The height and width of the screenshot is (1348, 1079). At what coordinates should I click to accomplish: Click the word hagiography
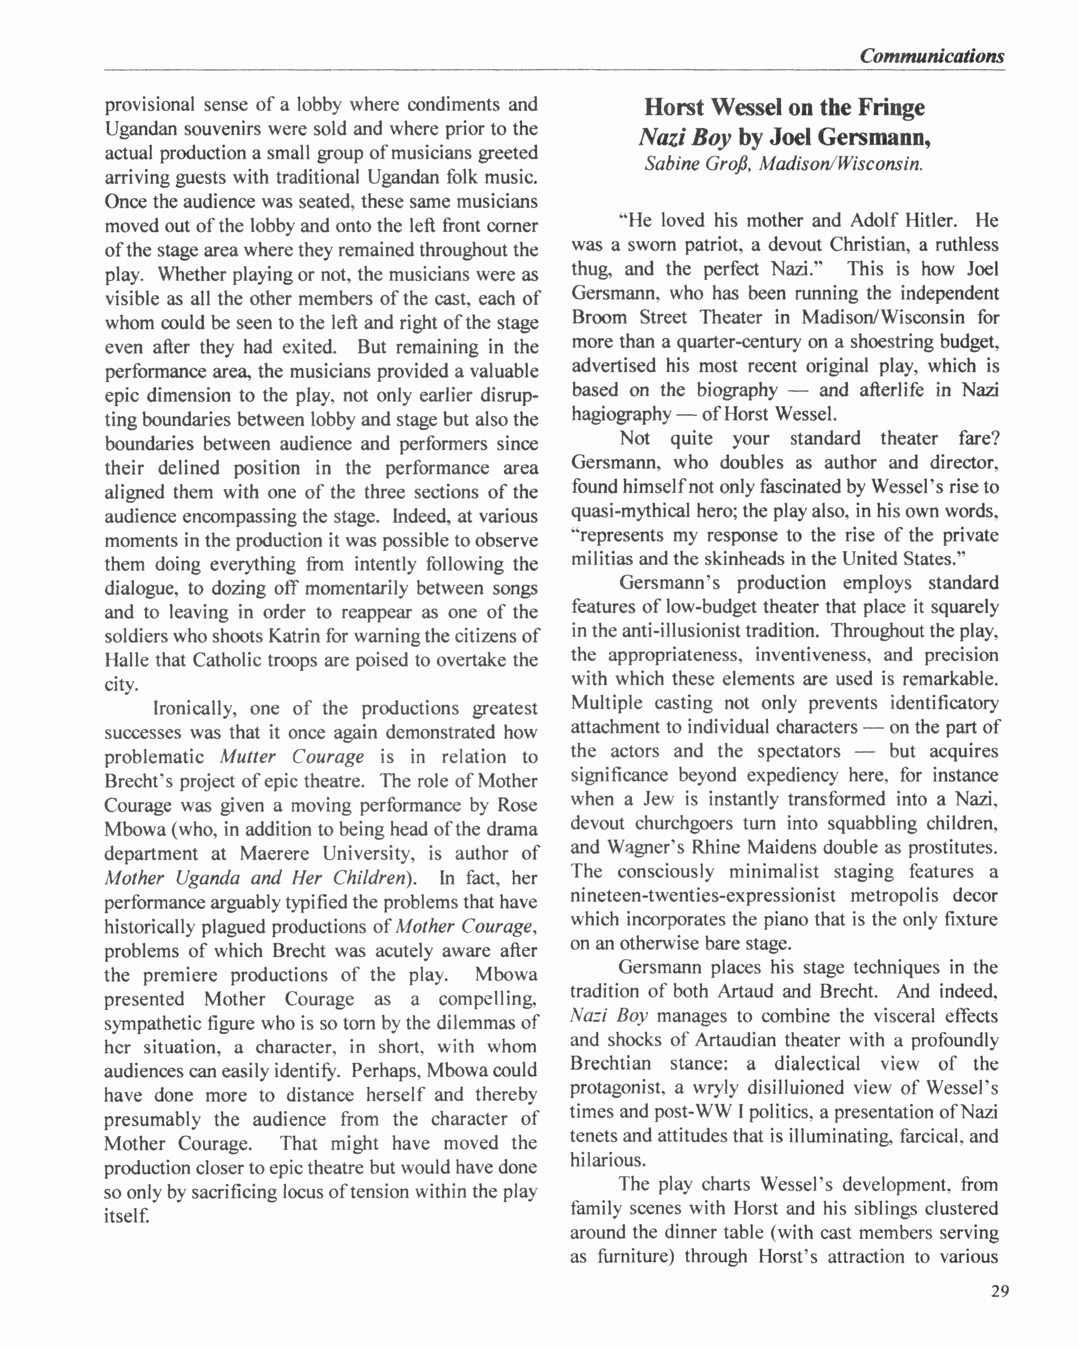pyautogui.click(x=621, y=414)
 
